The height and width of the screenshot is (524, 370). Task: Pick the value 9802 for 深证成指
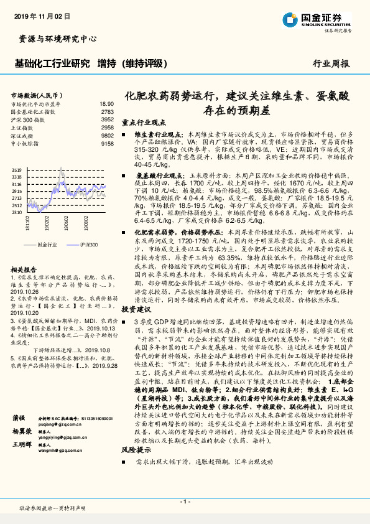tap(107, 135)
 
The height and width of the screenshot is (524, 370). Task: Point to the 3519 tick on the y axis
tap(16, 169)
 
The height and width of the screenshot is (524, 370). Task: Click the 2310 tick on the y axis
tap(16, 212)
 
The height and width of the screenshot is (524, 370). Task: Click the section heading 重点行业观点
tap(144, 123)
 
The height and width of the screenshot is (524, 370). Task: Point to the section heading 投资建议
tap(136, 309)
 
